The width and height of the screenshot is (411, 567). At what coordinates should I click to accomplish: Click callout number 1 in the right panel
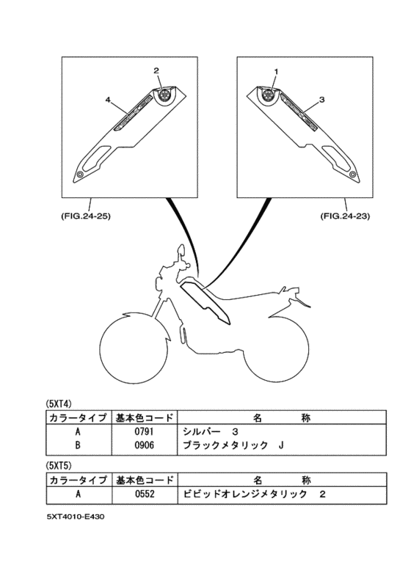click(x=276, y=71)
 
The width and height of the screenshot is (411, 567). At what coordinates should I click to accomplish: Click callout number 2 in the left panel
click(x=156, y=70)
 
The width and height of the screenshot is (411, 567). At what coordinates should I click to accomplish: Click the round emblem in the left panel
click(x=163, y=95)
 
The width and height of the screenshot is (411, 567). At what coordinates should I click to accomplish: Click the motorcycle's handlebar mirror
click(x=178, y=252)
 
